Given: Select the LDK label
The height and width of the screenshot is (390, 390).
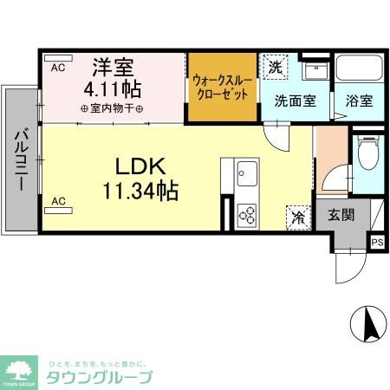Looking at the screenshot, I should coord(137,165).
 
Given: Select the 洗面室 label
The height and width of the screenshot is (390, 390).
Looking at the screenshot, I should coord(295,101).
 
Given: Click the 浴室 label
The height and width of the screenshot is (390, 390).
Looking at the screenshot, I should coord(359,101).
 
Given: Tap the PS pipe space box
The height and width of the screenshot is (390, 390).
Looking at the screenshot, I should coord(377,244).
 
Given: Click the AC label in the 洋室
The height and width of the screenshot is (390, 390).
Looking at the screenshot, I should coord(59,67).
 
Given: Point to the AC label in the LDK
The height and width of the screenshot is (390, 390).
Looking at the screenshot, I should coord(59,201).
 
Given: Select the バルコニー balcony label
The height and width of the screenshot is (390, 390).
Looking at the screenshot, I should coord(19,161).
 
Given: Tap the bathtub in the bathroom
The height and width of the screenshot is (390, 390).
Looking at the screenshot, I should coord(358,70).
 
